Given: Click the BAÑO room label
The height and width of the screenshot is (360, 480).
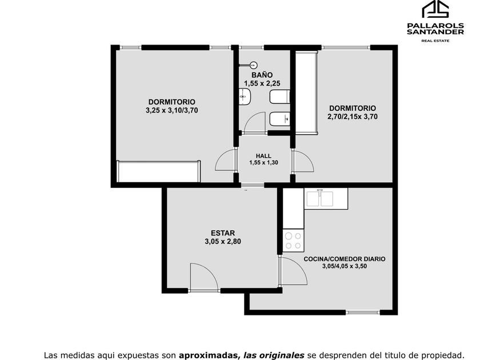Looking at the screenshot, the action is [262, 75].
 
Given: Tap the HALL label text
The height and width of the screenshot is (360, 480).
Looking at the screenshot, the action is [263, 156].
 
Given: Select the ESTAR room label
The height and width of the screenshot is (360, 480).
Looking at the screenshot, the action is [223, 233].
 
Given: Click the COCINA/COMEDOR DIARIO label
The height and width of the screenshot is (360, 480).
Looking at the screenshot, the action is [345, 259].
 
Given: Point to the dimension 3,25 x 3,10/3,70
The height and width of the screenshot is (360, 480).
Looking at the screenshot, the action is [172, 110].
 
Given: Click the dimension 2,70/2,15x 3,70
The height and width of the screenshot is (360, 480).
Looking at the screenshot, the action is [353, 117].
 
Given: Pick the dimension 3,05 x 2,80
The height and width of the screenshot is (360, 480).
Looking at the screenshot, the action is [223, 242].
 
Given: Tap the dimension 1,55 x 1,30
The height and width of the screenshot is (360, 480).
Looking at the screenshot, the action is [263, 162].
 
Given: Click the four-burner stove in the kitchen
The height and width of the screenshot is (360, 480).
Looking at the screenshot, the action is [293, 241].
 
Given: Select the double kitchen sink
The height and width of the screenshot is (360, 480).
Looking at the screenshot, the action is [319, 198].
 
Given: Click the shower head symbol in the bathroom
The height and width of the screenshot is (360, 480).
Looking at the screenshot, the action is [253, 65].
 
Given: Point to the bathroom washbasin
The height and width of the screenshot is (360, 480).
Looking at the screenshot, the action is [245, 97].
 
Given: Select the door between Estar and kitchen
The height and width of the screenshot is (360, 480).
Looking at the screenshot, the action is [293, 271].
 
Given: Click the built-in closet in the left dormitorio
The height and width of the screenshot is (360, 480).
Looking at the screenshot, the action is [159, 171].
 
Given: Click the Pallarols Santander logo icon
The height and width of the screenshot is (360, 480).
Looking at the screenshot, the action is [435, 9].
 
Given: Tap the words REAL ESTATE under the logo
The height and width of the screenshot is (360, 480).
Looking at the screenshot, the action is [435, 41].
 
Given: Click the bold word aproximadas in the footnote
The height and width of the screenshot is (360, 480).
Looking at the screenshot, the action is [209, 355].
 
